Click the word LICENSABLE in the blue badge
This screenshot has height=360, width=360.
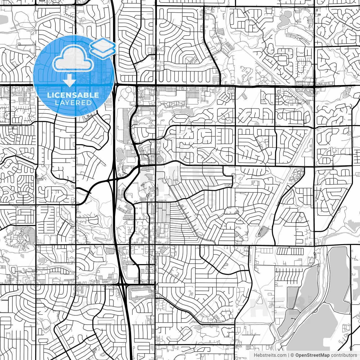click(x=73, y=95)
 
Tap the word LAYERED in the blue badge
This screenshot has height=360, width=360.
click(x=73, y=103)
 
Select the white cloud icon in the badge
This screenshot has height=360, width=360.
click(x=73, y=58)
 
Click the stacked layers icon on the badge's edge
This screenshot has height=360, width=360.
click(x=103, y=47)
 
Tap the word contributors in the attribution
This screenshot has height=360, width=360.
click(x=344, y=355)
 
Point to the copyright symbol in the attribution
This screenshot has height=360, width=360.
click(x=292, y=355)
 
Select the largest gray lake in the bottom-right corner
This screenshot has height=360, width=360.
click(x=318, y=329)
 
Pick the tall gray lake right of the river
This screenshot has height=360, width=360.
click(x=339, y=278)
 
